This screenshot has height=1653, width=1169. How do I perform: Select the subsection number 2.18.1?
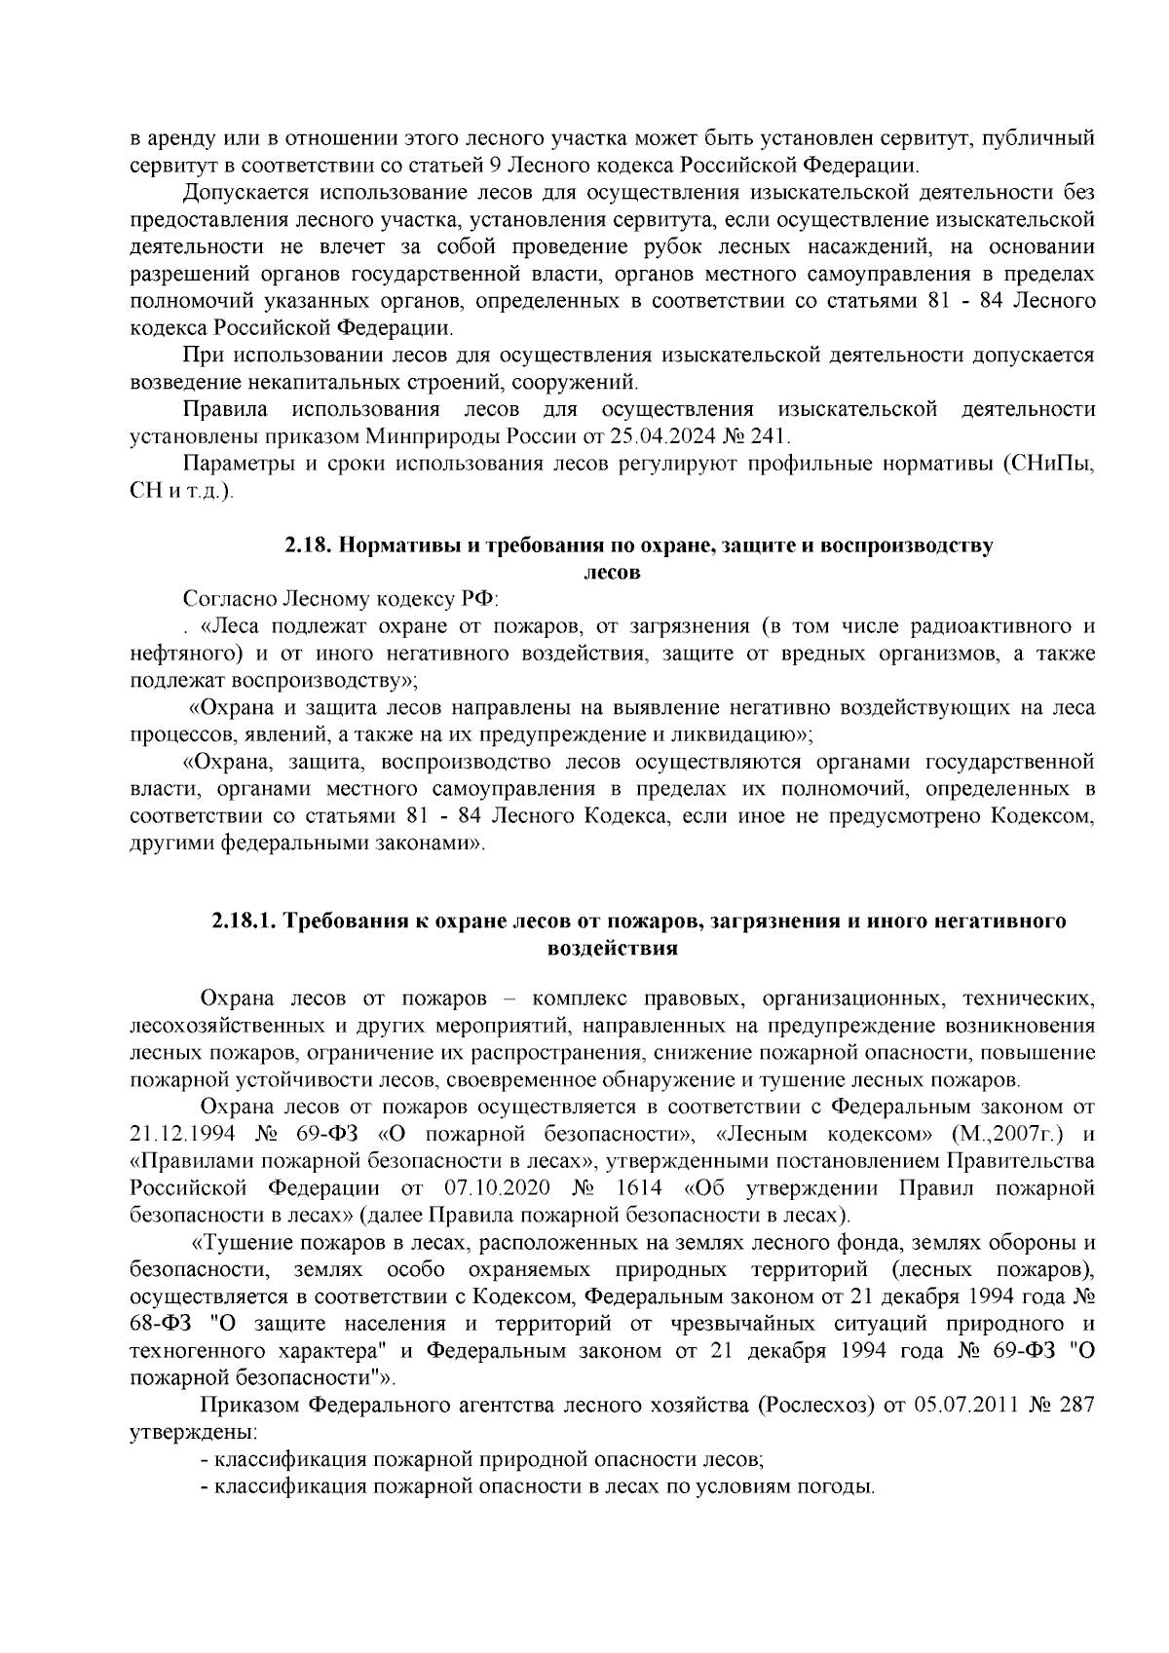point(245,920)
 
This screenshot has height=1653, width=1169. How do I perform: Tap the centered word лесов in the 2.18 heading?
point(611,573)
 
